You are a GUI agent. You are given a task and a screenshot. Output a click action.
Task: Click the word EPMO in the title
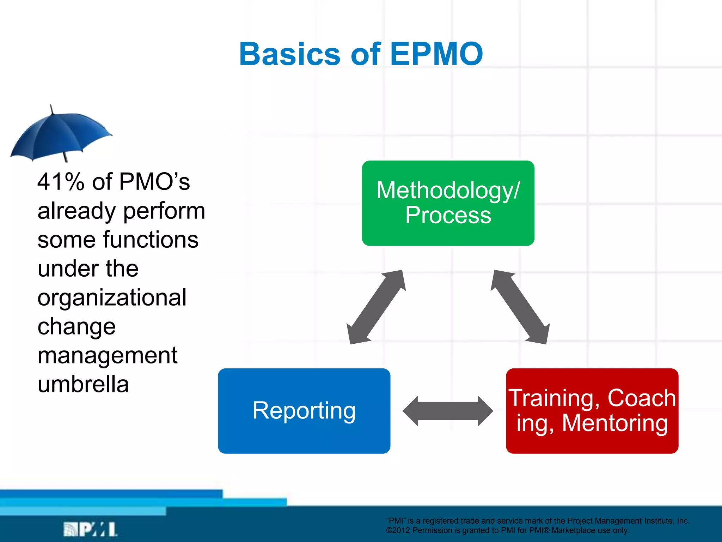436,54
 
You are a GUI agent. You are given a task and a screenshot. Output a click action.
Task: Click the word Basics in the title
289,54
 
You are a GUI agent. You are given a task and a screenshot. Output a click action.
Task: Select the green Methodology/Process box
448,203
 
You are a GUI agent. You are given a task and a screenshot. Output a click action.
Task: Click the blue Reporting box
304,411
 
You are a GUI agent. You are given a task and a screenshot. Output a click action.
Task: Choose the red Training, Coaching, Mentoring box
592,411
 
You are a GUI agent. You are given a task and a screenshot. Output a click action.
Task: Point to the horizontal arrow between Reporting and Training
448,411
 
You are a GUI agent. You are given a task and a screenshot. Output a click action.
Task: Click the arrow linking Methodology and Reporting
376,307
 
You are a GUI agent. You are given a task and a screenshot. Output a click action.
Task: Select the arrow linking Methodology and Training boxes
520,307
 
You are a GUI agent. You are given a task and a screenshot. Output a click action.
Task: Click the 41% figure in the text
61,182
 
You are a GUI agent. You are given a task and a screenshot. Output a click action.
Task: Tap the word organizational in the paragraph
112,297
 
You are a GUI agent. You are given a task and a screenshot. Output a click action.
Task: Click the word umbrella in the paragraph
83,384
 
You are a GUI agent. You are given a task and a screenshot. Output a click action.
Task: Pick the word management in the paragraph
108,355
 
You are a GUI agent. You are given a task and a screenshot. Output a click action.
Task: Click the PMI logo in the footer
90,529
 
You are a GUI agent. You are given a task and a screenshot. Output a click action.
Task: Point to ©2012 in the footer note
398,530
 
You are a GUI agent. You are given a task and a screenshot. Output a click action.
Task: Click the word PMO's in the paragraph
154,182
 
